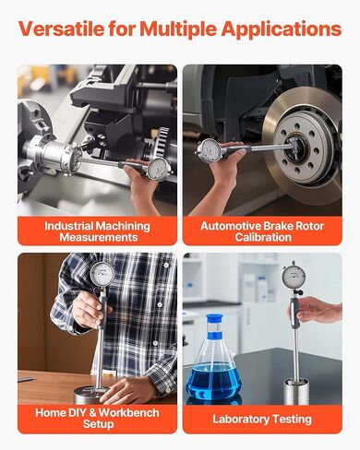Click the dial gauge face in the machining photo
pos(160,169)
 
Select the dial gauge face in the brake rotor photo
pos(210,149)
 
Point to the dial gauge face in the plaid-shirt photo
pos(102,273)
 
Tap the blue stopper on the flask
pos(214,320)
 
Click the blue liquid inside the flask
pos(213,381)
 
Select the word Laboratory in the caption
pos(239,420)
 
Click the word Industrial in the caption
pos(68,226)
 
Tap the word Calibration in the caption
pos(263,237)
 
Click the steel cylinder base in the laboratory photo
pos(296,392)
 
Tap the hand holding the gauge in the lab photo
pos(316,310)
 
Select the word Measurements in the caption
pos(99,237)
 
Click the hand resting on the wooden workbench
pos(129,390)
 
